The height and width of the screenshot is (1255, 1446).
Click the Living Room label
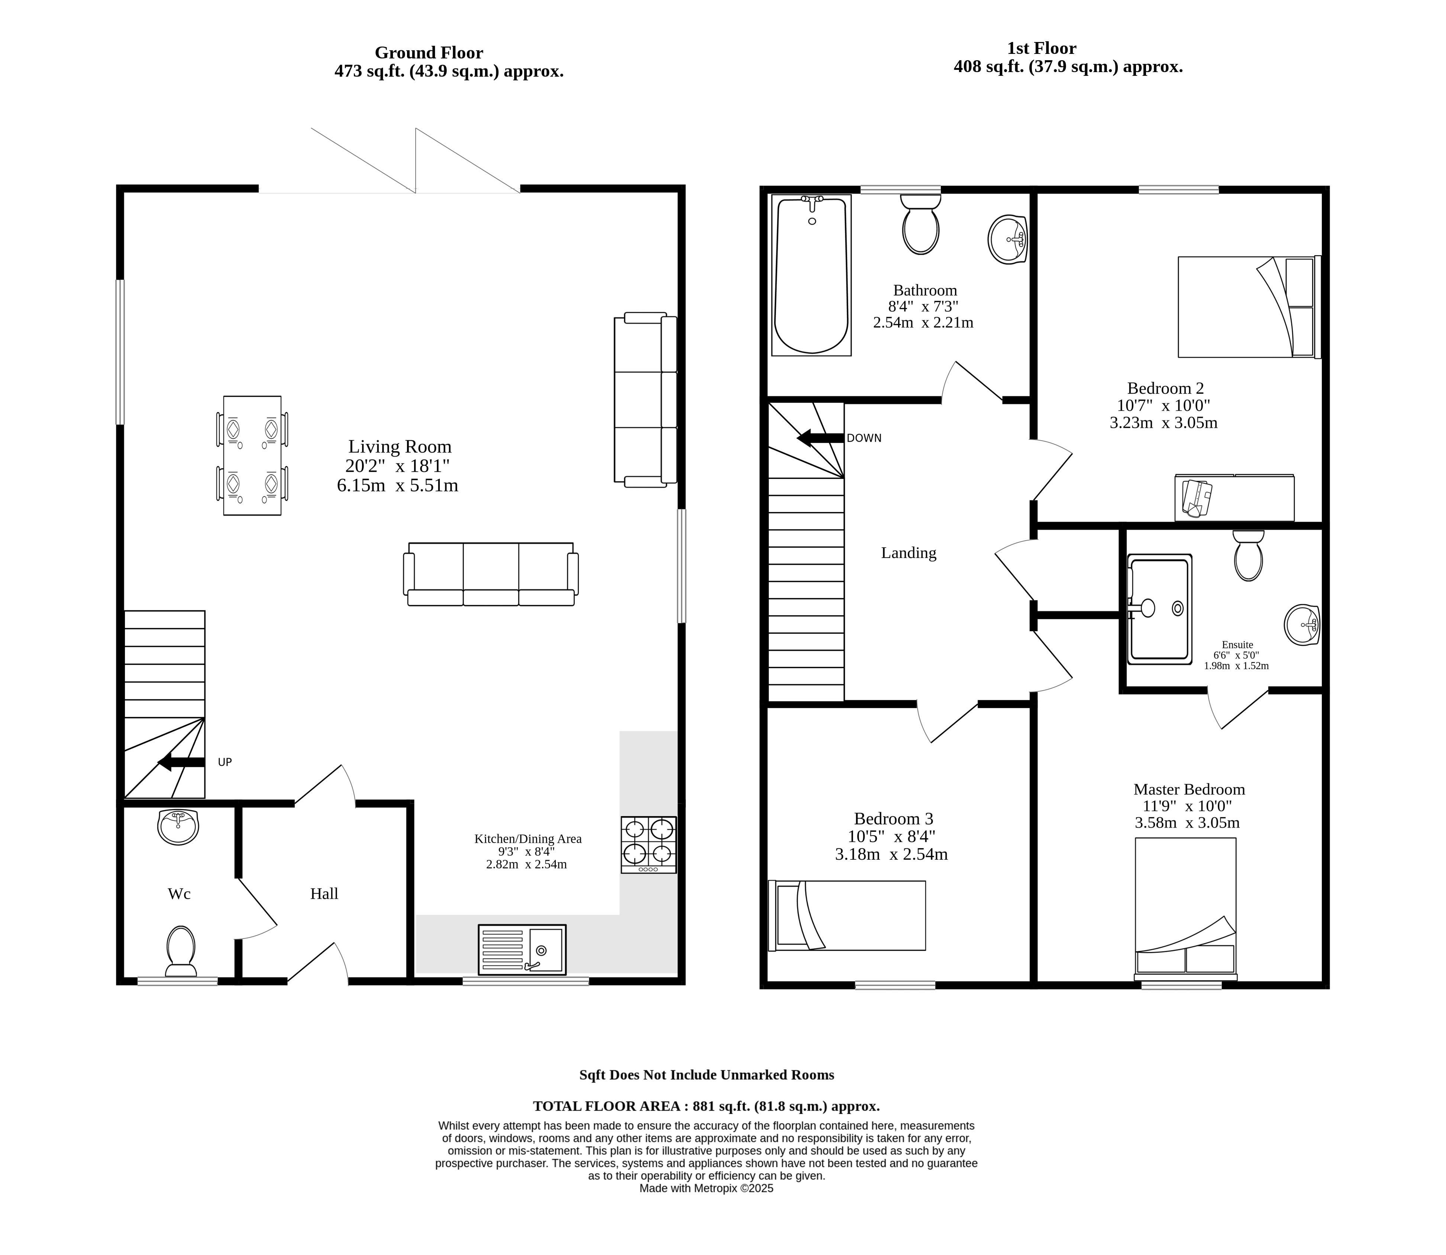coord(400,447)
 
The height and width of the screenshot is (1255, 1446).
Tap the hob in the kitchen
coord(649,844)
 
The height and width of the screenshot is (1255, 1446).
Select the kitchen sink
coord(522,950)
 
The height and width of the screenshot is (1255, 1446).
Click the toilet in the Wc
coord(181,951)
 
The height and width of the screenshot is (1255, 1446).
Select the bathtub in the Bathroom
coord(811,275)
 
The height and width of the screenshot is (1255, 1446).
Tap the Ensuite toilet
coord(1249,555)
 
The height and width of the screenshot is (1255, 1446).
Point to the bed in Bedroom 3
coord(847,915)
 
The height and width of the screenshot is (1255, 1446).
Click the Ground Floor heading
coord(429,52)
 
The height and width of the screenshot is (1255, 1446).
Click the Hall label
coord(325,894)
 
